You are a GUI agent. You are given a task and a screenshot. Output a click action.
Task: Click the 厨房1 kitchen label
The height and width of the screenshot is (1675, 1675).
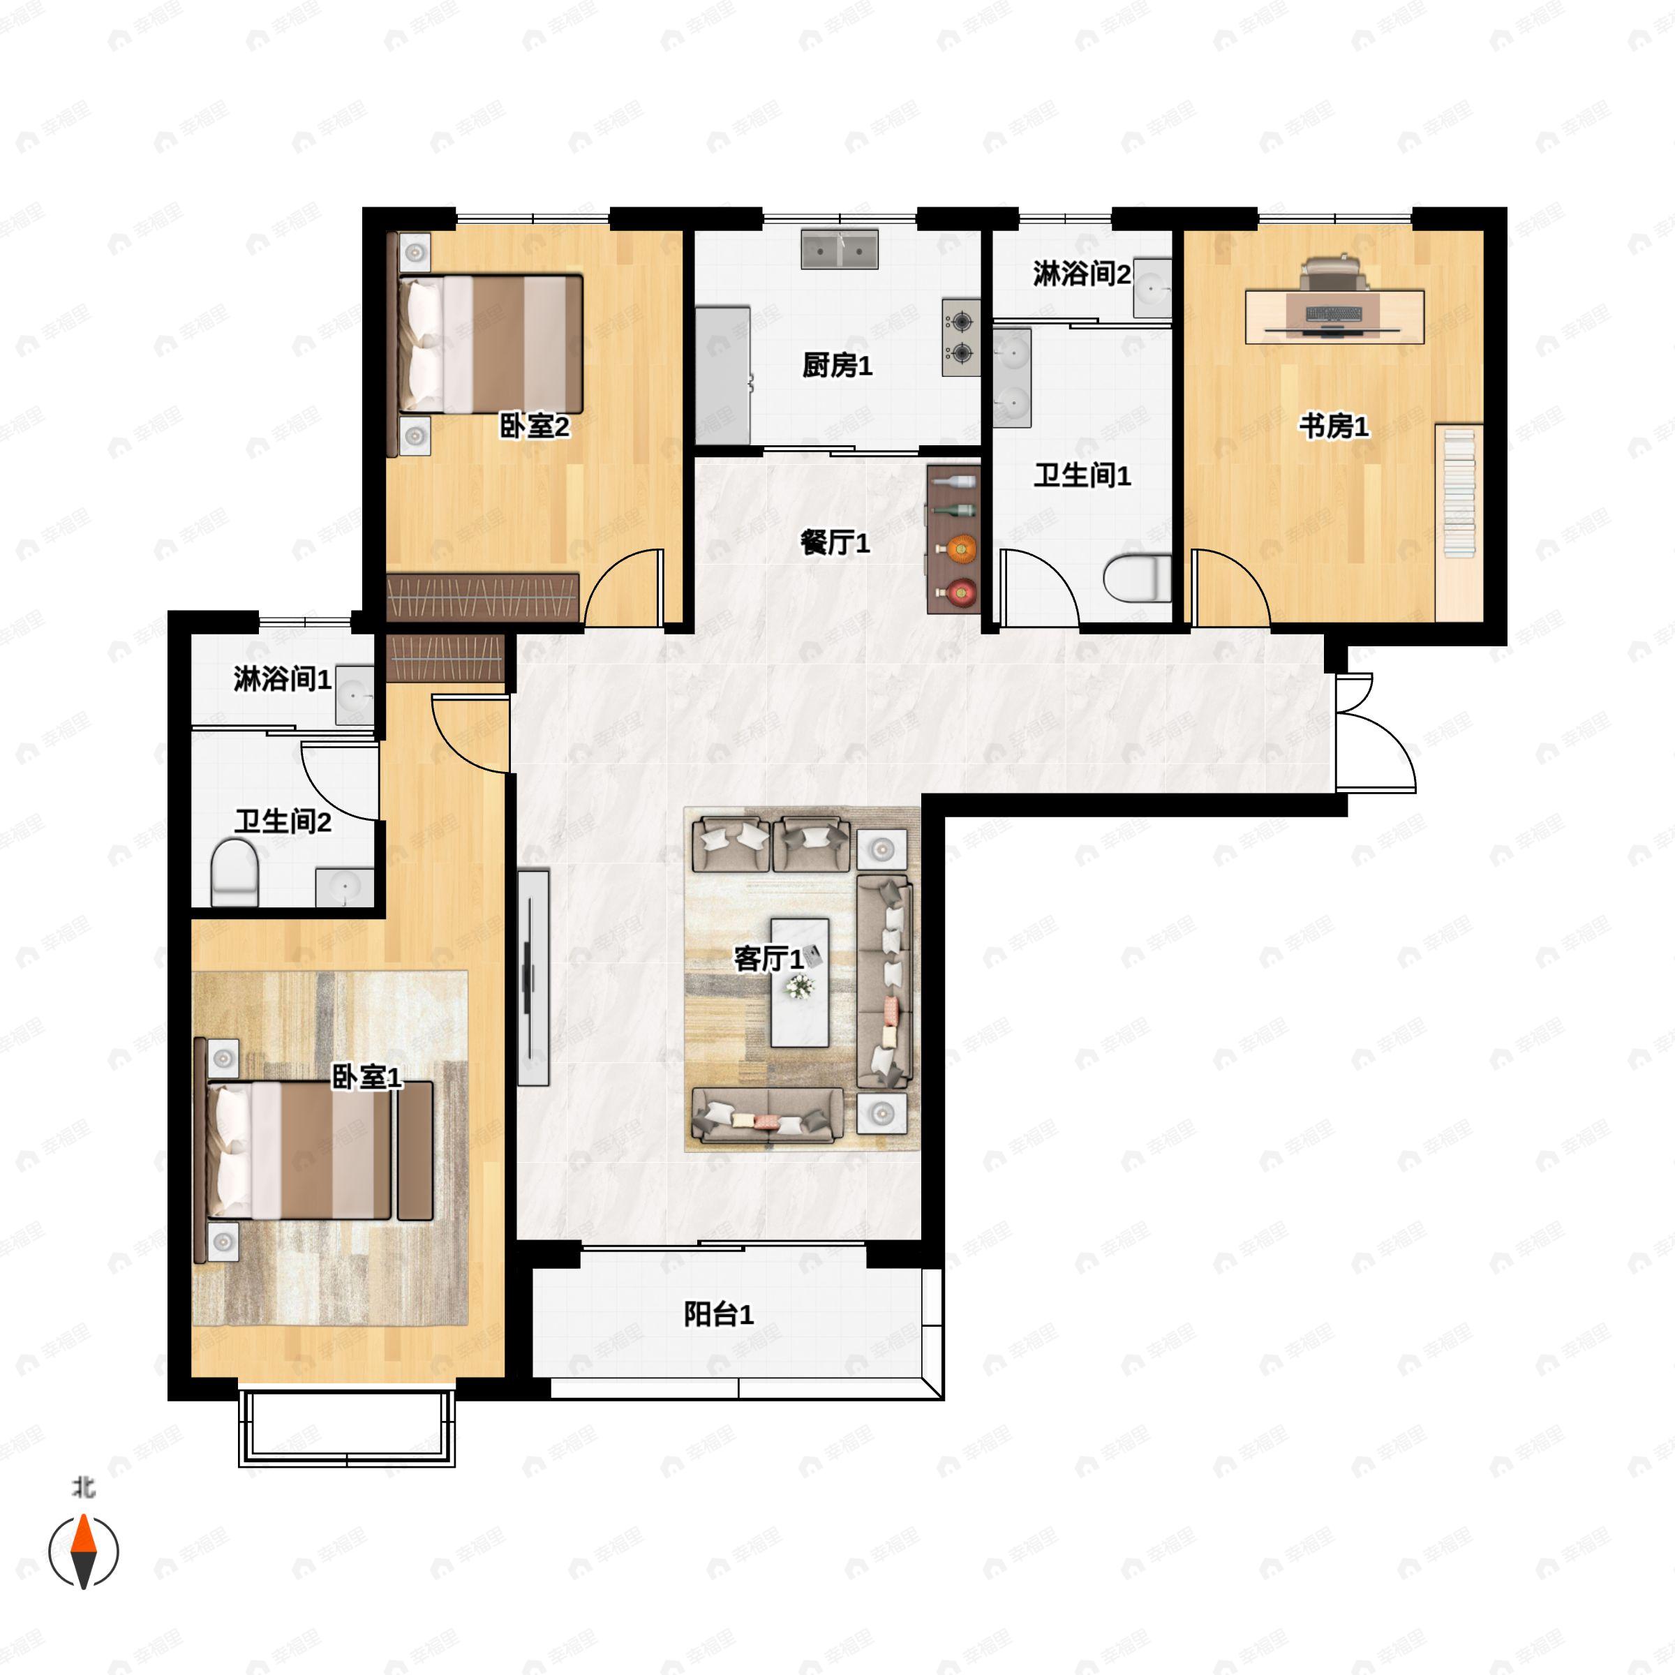coord(837,365)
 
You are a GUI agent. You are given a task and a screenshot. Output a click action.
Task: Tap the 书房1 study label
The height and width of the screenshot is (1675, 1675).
coord(1334,426)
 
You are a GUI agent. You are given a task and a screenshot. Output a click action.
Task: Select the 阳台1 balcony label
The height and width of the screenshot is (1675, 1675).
coord(719,1314)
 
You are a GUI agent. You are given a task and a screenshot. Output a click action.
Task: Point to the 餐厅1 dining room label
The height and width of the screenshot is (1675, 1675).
coord(834,543)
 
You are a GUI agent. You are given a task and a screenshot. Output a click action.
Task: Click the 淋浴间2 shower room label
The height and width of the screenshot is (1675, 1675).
coord(1081,274)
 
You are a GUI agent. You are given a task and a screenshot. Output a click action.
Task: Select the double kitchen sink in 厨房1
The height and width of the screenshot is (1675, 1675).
coord(839,249)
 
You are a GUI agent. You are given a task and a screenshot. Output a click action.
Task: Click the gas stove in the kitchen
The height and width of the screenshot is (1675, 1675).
coord(960,338)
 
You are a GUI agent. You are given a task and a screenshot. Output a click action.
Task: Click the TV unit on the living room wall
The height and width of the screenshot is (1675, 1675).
coord(533,977)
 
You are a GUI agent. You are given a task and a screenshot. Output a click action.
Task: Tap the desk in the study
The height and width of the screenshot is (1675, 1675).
coord(1334,316)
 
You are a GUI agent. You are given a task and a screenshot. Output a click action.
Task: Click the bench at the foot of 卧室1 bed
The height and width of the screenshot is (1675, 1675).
coord(415,1150)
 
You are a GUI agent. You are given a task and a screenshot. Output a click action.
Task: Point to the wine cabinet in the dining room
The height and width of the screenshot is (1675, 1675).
coord(953,539)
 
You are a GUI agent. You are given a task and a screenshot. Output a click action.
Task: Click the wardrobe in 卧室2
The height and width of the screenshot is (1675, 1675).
coord(482,597)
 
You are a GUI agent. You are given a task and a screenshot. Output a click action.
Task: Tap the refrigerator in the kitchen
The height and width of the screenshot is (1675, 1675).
coord(722,375)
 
